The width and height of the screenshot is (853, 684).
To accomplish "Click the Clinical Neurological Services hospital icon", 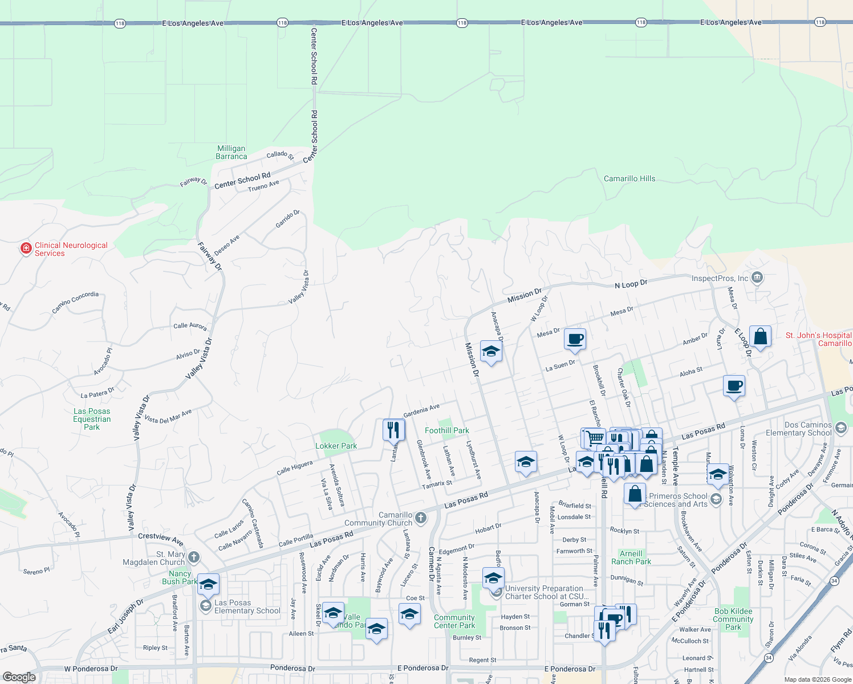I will tap(26, 249).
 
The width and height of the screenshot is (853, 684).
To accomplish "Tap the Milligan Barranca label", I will tap(231, 152).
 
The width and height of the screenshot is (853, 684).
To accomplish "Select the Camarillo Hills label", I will tap(629, 178).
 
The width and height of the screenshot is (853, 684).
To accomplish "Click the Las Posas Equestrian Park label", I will tap(92, 419).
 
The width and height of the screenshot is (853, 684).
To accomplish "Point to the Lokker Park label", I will tap(336, 446).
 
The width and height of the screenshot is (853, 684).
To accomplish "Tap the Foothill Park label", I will tap(447, 430).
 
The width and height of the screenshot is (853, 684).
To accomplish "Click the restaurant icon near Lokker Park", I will tap(393, 429).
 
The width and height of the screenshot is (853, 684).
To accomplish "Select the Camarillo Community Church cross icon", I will tap(420, 518).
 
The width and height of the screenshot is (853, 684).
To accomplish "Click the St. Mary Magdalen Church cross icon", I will tap(194, 557).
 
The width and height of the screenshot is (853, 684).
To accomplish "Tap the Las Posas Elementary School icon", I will tap(205, 605).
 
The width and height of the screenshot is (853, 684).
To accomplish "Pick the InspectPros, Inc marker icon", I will tap(757, 278).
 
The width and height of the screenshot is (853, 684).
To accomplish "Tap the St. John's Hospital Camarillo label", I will tap(818, 339).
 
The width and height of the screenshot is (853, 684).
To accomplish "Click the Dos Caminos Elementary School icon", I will tap(840, 428).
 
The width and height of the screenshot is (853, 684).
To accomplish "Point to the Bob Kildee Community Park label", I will tap(733, 619).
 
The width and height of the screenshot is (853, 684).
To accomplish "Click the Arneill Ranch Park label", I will tap(635, 557).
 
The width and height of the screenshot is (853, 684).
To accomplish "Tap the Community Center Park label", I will tap(454, 621).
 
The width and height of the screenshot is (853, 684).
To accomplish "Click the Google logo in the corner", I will tap(19, 677).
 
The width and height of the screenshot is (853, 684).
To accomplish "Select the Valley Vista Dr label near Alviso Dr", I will tap(198, 359).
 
